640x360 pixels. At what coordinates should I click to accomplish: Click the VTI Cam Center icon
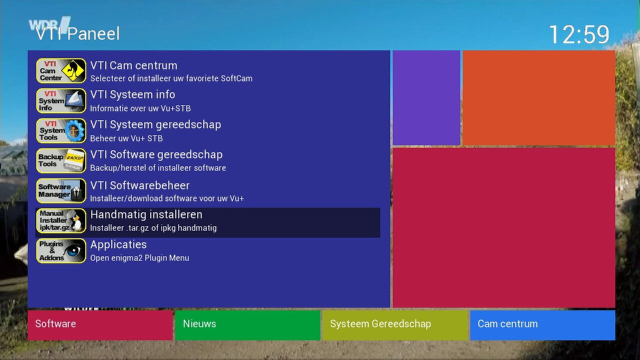point(61,71)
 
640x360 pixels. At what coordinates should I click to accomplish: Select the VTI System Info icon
point(61,101)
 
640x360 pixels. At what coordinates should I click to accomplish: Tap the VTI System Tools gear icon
point(61,131)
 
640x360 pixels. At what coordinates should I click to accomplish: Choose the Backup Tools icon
point(61,161)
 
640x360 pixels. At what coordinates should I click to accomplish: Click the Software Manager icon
point(61,191)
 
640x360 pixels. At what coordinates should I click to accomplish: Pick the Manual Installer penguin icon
point(61,221)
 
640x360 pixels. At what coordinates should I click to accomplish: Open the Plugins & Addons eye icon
point(61,251)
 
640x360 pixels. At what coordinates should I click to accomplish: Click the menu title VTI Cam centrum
point(133,65)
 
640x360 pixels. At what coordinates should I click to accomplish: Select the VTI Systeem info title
point(132,94)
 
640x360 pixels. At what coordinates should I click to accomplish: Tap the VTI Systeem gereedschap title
point(155,125)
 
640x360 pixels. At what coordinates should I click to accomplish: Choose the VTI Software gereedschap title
point(156,155)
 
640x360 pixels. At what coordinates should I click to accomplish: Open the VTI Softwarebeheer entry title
point(140,185)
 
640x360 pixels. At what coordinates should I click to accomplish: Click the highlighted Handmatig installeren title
point(146,215)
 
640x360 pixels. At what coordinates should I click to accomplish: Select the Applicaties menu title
point(118,245)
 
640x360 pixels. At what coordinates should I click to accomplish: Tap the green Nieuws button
point(247,325)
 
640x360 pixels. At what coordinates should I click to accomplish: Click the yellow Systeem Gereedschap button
point(395,325)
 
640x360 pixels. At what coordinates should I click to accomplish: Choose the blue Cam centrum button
point(542,325)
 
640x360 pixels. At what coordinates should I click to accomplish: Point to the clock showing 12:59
point(579,34)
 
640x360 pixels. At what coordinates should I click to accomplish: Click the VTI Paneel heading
point(77,33)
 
